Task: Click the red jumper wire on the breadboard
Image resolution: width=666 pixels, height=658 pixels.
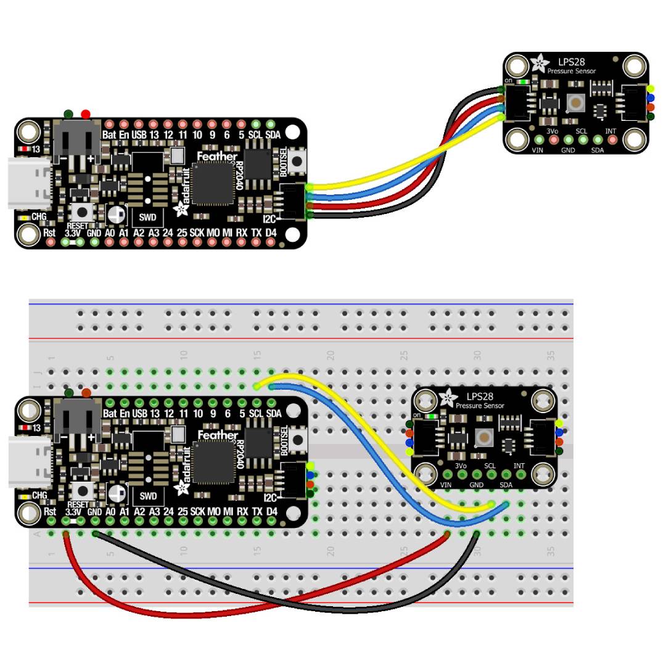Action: click(185, 614)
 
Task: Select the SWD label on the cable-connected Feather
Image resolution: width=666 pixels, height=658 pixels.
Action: click(148, 216)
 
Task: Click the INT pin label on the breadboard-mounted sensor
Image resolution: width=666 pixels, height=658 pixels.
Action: click(519, 466)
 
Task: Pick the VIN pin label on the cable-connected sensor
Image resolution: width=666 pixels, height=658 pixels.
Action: click(538, 150)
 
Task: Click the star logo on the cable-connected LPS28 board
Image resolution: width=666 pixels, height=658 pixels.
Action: click(539, 63)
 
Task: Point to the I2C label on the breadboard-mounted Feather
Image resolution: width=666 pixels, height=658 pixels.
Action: click(269, 498)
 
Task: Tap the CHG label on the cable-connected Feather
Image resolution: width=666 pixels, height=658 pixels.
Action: click(39, 217)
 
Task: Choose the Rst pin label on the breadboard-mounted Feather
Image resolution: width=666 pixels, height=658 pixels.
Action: click(50, 511)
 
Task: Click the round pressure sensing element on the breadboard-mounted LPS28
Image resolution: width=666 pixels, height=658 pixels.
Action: click(485, 438)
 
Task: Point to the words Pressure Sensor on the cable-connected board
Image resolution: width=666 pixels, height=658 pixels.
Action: click(572, 71)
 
